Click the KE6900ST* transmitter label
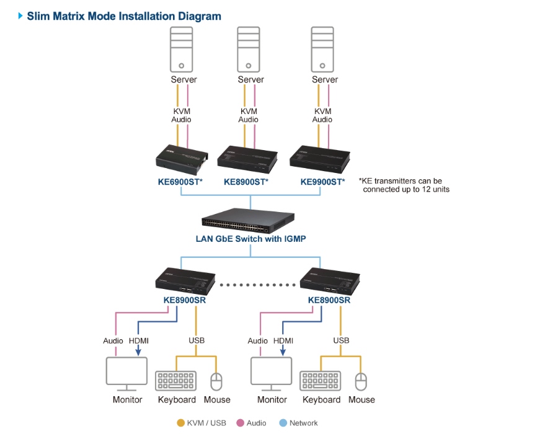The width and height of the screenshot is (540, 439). click(180, 182)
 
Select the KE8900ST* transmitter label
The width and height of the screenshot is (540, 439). click(246, 182)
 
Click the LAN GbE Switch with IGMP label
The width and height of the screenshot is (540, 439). click(251, 239)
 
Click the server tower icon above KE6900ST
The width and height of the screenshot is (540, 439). click(183, 50)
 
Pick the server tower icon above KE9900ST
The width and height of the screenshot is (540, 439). click(324, 50)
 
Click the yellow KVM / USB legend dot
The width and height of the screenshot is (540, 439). click(181, 423)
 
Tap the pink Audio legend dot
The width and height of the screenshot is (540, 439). click(240, 423)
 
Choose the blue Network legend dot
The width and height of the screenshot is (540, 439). click(283, 423)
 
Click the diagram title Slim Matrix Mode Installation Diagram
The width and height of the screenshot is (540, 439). click(124, 16)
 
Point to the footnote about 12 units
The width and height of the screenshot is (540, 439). click(404, 185)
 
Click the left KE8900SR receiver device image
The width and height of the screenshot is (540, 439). click(185, 280)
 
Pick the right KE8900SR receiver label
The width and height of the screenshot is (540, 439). click(329, 300)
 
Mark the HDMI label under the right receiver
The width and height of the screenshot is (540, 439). click(283, 340)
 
